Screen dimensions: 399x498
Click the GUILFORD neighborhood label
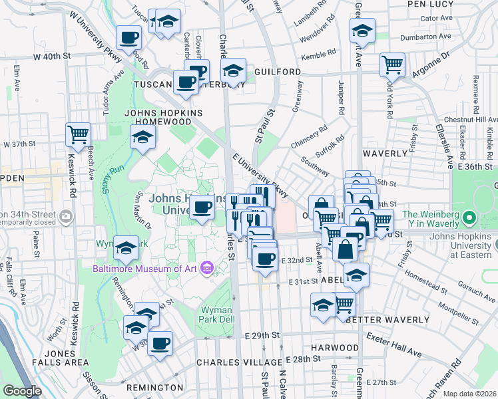coord(277,71)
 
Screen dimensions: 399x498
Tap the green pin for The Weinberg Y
coord(469,217)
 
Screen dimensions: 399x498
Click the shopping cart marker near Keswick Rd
coord(78,134)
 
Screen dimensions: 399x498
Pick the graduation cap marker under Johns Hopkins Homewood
coord(142,138)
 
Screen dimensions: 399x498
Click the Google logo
coord(22,391)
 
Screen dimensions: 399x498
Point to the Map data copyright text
coord(470,394)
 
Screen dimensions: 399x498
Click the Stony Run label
coord(114,178)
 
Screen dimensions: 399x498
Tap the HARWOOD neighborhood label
coord(335,348)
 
